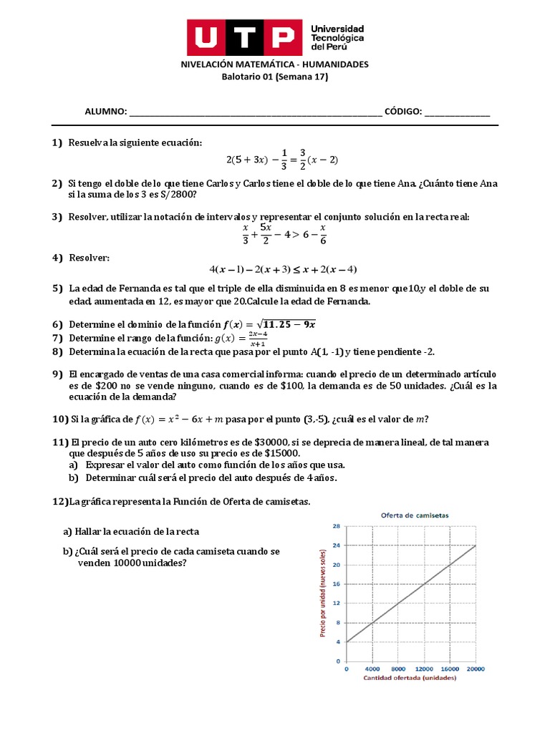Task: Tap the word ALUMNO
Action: (x=105, y=112)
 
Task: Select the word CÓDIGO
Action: (x=402, y=112)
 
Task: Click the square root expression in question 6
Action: (x=287, y=324)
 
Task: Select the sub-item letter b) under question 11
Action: (x=73, y=477)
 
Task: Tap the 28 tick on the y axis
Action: (x=336, y=526)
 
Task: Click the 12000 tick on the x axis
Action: (x=425, y=669)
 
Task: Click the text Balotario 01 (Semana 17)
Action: (x=274, y=77)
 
